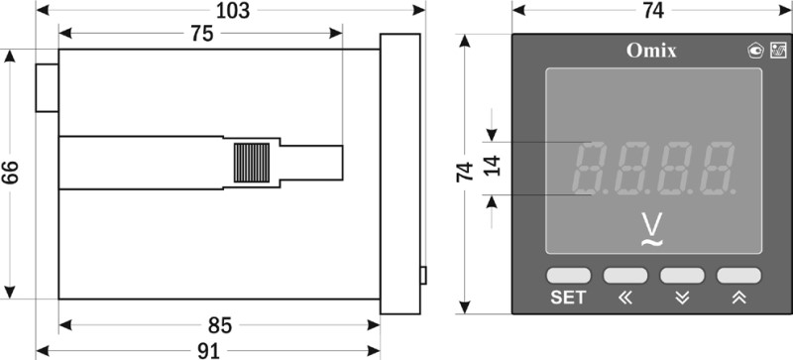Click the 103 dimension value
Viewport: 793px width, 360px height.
tap(233, 10)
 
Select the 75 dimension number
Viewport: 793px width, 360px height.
tap(202, 34)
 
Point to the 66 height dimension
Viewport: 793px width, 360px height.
tap(10, 174)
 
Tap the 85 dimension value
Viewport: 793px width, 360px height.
tap(220, 325)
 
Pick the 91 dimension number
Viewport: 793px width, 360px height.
tap(208, 351)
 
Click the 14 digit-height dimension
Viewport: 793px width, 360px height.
tap(492, 166)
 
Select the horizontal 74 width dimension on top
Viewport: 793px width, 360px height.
tap(653, 10)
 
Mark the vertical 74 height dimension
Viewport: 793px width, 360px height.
tap(465, 173)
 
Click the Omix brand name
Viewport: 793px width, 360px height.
tap(651, 51)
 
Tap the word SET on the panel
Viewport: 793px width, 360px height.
tap(568, 298)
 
